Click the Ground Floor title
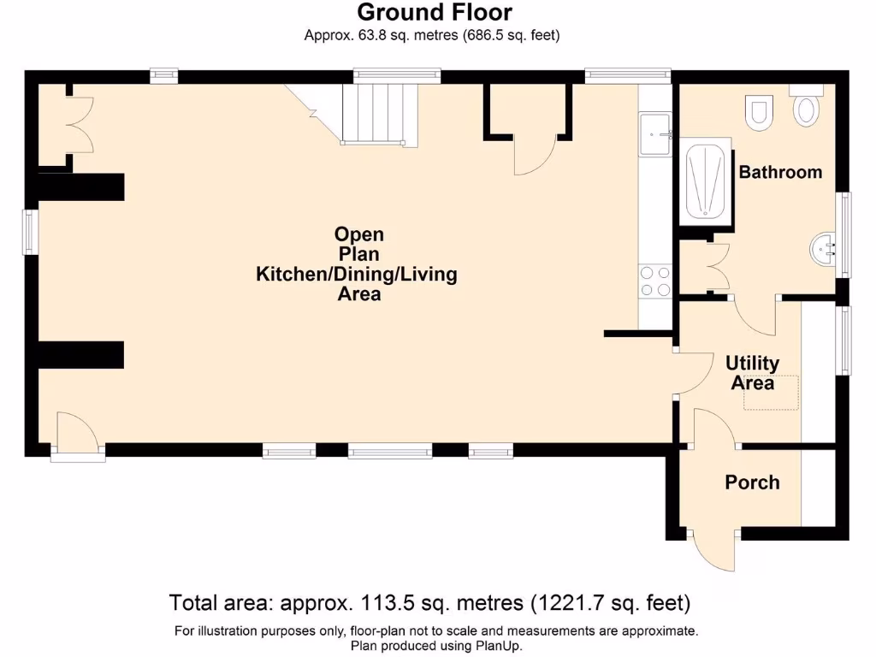click(435, 13)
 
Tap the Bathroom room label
click(780, 172)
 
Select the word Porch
click(752, 482)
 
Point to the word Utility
click(752, 363)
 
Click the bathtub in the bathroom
click(707, 181)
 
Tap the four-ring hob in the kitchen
click(655, 281)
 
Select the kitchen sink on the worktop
click(655, 134)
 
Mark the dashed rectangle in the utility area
click(771, 393)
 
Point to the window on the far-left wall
click(30, 232)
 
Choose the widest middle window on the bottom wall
click(389, 451)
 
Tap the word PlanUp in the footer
click(494, 647)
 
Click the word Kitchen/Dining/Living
click(357, 275)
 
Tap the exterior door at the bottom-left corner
click(77, 436)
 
